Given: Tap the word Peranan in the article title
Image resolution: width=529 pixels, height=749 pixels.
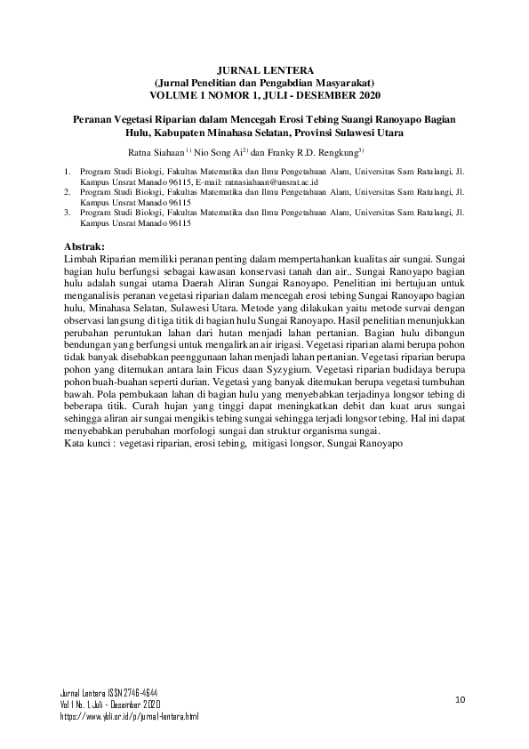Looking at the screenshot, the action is point(96,118).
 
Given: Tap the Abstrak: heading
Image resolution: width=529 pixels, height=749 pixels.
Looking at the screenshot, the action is point(86,246).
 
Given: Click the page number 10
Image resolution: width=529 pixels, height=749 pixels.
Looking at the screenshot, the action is point(460,699).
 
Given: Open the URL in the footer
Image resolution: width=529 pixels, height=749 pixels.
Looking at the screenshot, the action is point(129,715).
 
